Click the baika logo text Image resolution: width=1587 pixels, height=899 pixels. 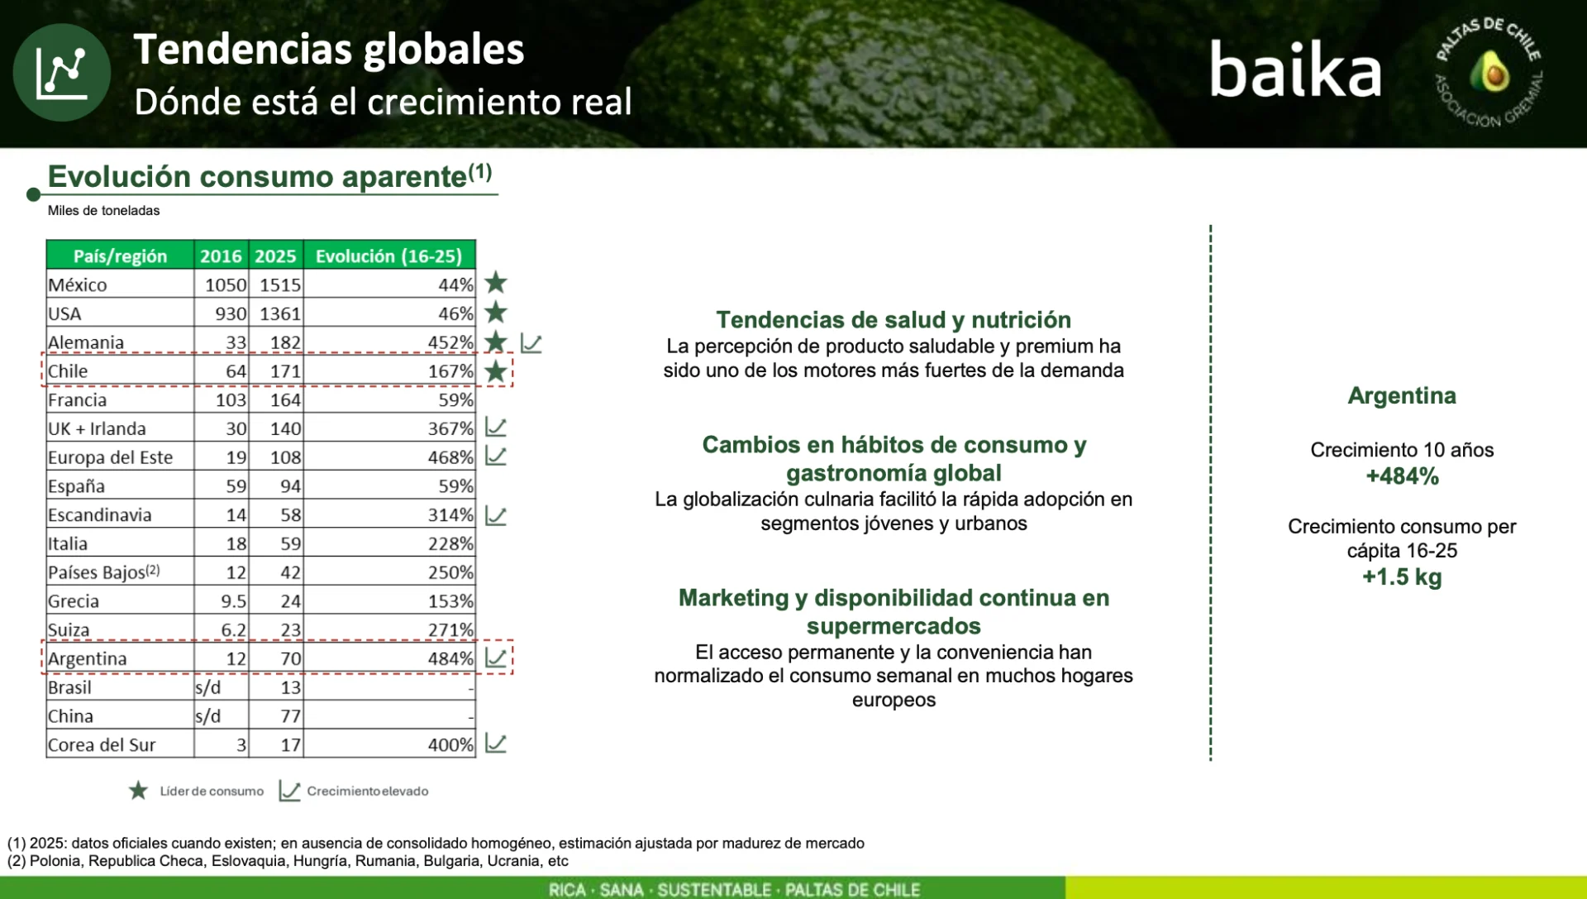1295,69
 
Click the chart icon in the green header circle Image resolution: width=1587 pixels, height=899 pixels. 61,73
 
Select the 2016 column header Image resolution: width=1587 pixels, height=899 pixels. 221,256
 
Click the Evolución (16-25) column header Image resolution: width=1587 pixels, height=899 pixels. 388,256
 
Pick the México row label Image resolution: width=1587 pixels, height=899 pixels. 78,285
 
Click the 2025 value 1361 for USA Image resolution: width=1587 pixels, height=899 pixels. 280,313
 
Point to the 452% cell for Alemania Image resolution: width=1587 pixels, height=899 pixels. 450,342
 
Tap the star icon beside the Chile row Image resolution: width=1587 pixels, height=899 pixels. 496,371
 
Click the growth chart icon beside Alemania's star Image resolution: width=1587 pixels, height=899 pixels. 531,343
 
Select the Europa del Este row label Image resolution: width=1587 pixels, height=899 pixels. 111,457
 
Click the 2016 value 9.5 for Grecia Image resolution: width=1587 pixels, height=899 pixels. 234,601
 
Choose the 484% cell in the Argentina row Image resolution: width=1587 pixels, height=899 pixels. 450,659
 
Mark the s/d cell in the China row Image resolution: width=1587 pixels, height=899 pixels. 208,716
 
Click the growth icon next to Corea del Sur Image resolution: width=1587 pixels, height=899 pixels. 496,744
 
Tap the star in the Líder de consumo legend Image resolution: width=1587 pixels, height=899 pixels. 139,791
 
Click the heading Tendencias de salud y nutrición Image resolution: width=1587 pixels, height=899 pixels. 894,320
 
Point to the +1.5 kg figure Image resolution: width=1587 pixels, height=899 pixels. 1402,576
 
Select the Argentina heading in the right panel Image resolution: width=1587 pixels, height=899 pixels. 1402,396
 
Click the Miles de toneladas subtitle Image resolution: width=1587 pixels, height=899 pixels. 104,211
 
